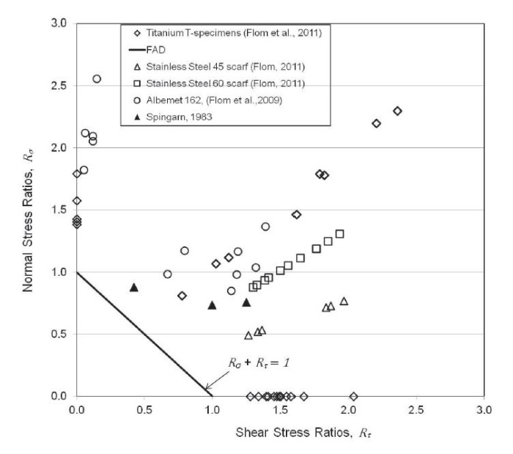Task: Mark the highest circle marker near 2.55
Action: [x=97, y=78]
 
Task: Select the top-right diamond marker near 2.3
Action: [x=398, y=111]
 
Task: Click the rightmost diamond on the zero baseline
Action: [x=354, y=396]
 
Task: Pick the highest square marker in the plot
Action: [x=340, y=234]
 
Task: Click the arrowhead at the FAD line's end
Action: [x=206, y=390]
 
